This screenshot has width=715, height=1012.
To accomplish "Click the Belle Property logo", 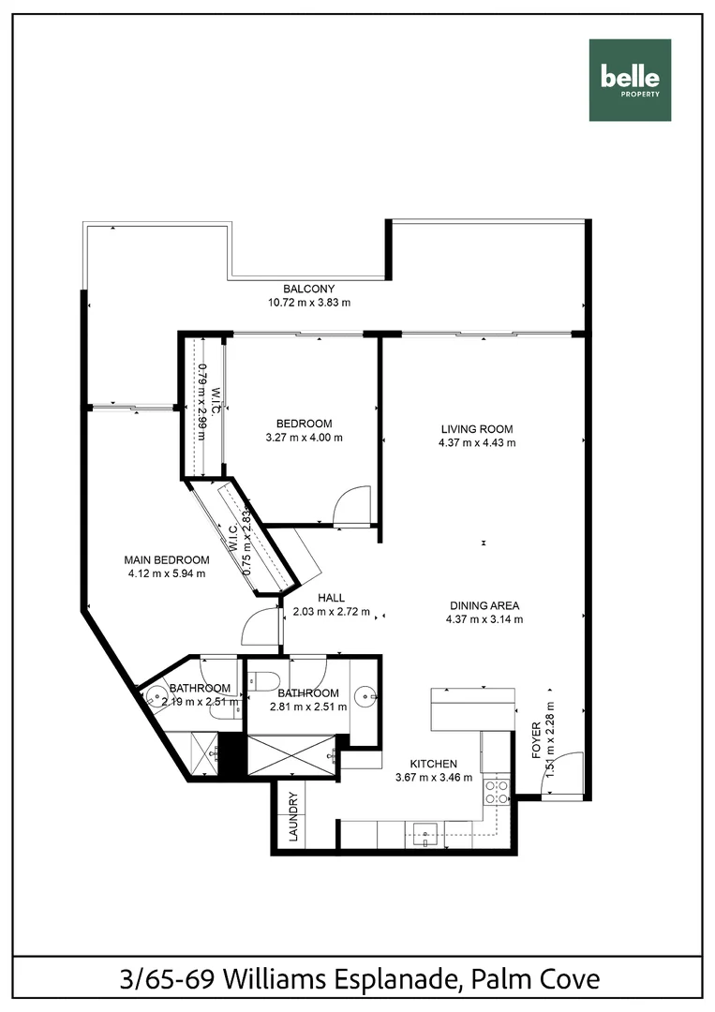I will pos(630,80).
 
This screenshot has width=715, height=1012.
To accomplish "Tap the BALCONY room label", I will pos(309,289).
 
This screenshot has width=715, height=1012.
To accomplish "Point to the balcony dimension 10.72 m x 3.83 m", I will pos(309,303).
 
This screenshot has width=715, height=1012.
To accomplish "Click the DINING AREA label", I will pos(484,605).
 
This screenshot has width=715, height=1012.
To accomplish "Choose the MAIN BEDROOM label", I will pos(167,560).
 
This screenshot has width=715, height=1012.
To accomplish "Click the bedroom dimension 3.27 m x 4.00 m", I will pos(305,438).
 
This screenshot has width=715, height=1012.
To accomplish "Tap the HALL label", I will pos(331,598).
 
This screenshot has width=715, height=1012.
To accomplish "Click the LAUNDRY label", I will pos(293,817).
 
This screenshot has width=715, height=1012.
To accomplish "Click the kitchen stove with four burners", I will pos(496,793).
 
